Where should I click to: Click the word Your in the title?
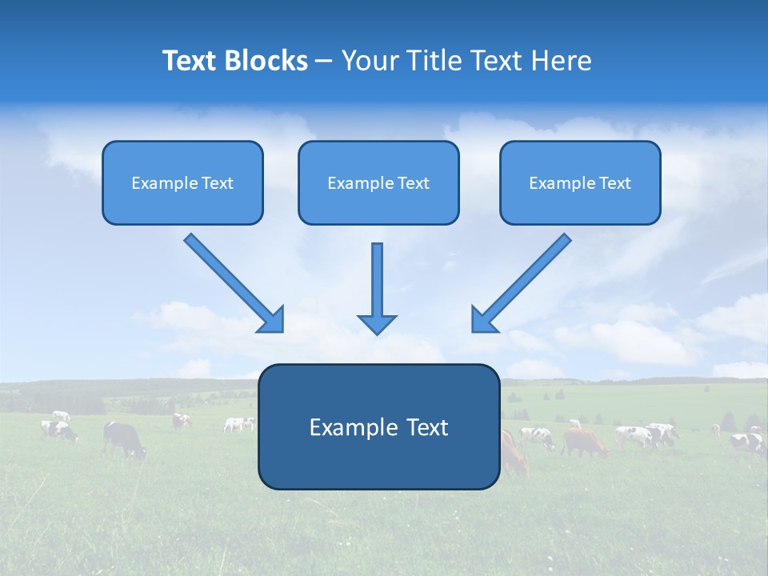370,61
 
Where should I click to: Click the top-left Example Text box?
182,182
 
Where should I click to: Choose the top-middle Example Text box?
378,182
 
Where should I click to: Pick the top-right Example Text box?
580,182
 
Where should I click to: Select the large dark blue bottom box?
378,426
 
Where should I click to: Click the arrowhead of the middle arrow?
377,323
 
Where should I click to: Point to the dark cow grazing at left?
124,439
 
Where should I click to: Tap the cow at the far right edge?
747,442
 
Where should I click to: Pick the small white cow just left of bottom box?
238,424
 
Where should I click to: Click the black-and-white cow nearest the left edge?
58,431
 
